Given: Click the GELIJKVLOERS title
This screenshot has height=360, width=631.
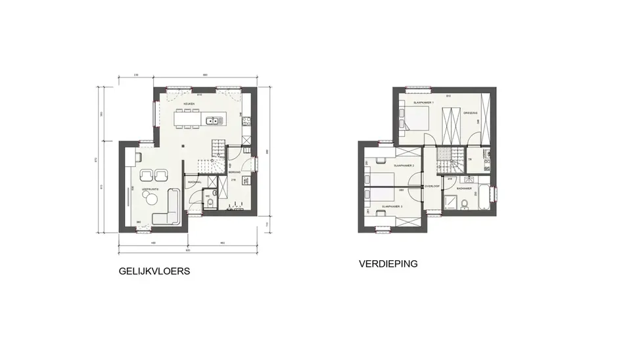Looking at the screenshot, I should pyautogui.click(x=154, y=271).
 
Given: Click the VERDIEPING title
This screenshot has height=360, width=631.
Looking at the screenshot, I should pyautogui.click(x=388, y=264).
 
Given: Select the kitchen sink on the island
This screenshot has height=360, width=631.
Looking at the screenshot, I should pyautogui.click(x=213, y=120).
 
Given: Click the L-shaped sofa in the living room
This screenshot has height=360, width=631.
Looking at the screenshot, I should pyautogui.click(x=170, y=208).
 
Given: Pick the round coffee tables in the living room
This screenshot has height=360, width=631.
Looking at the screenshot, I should pyautogui.click(x=153, y=175).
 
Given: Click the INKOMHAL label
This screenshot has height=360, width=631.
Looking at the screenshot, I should pyautogui.click(x=194, y=182).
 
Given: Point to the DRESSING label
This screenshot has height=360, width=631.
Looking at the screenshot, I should pyautogui.click(x=470, y=112).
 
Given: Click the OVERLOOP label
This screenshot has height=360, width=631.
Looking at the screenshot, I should pyautogui.click(x=431, y=185).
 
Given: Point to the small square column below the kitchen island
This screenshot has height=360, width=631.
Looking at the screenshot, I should pyautogui.click(x=185, y=146).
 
